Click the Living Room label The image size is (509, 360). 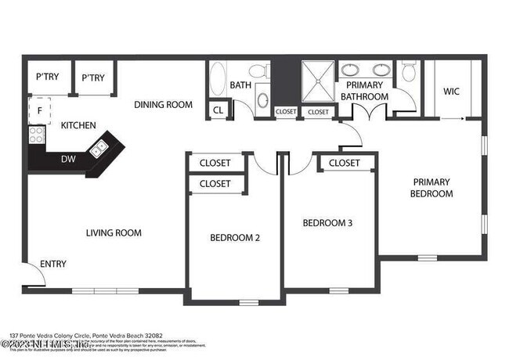(x=114, y=232)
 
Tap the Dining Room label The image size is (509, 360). (x=163, y=105)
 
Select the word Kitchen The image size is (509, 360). (x=78, y=125)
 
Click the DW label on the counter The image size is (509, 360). (x=68, y=160)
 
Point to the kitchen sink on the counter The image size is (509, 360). (x=100, y=147)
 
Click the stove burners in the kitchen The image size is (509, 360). (x=36, y=135)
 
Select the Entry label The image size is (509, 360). (x=53, y=264)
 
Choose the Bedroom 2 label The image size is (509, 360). (x=234, y=238)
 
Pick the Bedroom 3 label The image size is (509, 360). (x=327, y=223)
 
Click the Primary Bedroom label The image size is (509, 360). (x=433, y=188)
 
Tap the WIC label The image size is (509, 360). (x=451, y=92)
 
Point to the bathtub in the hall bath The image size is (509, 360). (x=218, y=80)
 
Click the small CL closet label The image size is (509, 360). (x=218, y=110)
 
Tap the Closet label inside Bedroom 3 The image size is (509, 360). (x=344, y=163)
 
